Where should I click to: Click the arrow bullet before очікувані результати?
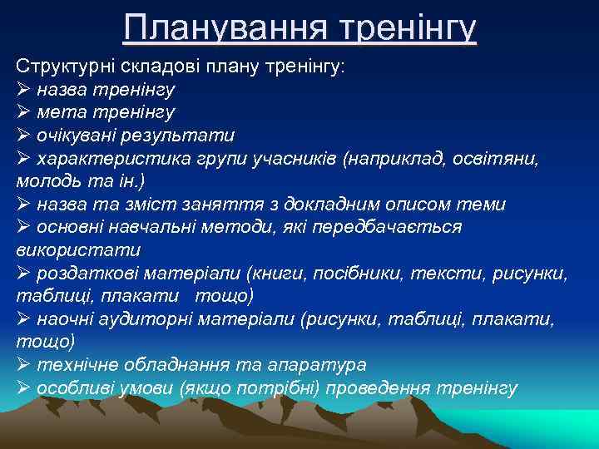(23, 135)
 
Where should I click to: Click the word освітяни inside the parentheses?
(503, 158)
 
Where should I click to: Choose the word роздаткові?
(86, 273)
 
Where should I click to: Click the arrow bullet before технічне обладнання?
(23, 365)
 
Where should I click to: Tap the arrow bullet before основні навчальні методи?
(23, 227)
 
